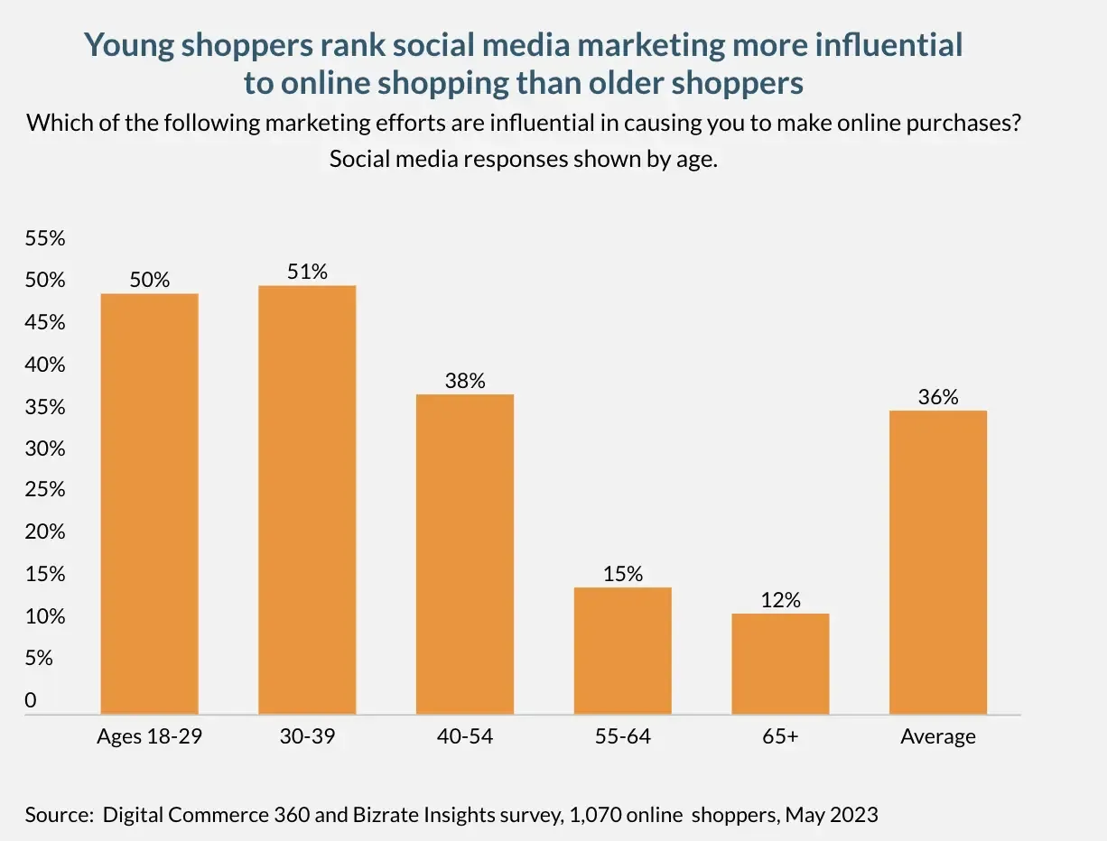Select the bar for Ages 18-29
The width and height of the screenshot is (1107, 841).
point(149,504)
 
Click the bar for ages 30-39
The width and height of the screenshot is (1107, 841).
point(307,499)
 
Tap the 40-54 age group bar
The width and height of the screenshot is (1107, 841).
point(465,554)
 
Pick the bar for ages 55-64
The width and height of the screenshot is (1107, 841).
point(623,651)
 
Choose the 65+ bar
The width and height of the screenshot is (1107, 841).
point(780,663)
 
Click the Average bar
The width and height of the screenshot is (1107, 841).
point(938,562)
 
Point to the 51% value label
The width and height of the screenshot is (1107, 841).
point(307,272)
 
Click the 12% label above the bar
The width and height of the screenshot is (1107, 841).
point(780,600)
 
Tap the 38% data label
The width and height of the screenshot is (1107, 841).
point(465,381)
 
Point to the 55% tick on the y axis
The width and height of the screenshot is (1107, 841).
point(45,238)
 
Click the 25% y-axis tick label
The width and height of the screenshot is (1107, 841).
point(45,489)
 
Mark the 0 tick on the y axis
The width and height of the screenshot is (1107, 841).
point(31,700)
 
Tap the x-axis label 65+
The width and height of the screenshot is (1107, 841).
point(780,736)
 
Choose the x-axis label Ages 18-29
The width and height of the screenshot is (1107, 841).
point(149,736)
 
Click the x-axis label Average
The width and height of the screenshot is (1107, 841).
point(938,737)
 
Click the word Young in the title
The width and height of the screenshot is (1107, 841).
point(129,45)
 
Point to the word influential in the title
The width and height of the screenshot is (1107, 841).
point(888,44)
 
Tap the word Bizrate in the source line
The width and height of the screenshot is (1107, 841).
point(386,815)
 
